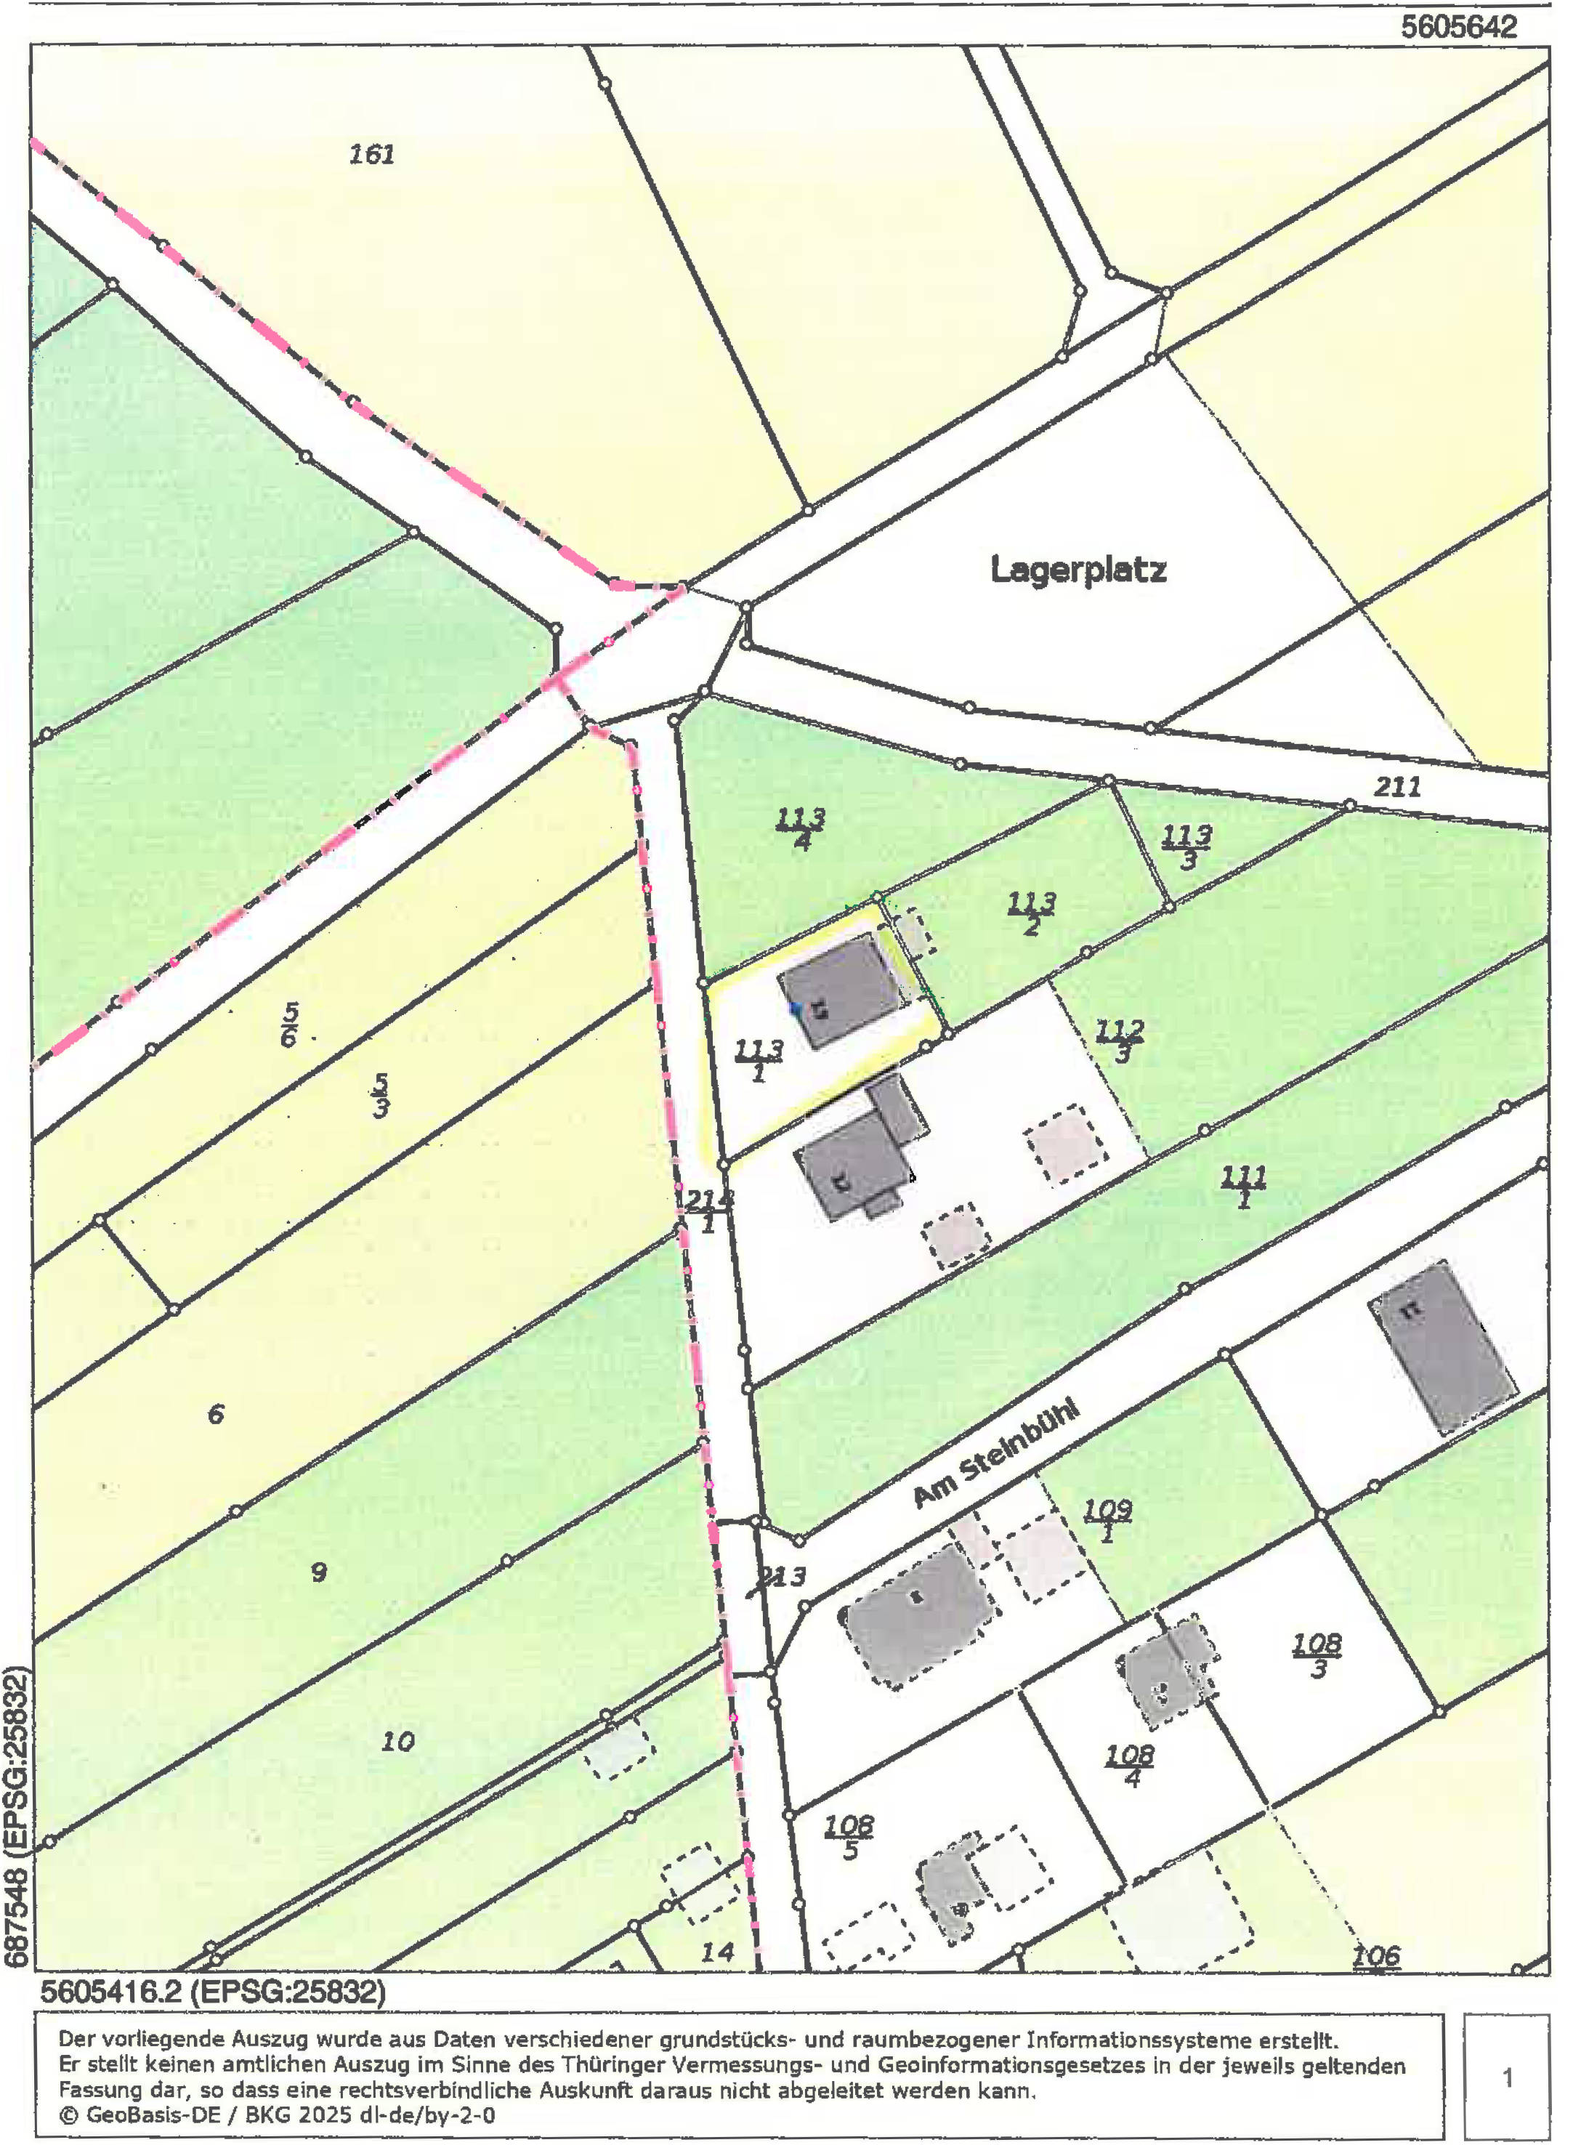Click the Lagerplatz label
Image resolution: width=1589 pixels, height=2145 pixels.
point(1078,570)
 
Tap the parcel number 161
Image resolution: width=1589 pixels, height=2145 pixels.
point(371,154)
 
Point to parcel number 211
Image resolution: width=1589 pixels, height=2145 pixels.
point(1396,787)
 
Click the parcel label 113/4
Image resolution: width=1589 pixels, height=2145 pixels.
point(800,829)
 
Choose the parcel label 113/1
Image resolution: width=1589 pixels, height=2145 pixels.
point(759,1060)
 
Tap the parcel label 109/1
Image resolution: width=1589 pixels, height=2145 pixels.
point(1107,1521)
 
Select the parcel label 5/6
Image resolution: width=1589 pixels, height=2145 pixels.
point(289,1025)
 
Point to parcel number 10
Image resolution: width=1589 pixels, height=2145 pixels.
point(397,1741)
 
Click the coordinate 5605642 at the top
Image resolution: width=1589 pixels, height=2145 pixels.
point(1458,27)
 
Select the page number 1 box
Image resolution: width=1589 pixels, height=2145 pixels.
point(1506,2077)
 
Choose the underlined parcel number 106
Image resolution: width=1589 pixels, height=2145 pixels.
point(1375,1955)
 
